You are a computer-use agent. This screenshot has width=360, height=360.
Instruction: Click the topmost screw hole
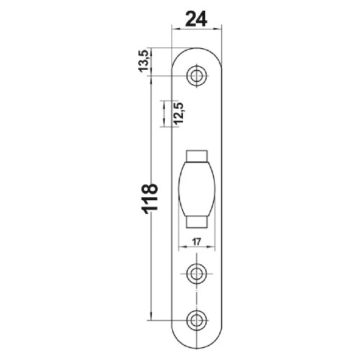coord(196,74)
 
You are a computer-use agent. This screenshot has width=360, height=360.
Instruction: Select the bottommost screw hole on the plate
coord(196,319)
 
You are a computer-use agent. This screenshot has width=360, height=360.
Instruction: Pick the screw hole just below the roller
coord(196,272)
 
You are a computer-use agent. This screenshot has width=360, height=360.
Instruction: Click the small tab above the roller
coord(197,156)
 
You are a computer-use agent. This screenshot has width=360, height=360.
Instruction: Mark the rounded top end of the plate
coord(197,52)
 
